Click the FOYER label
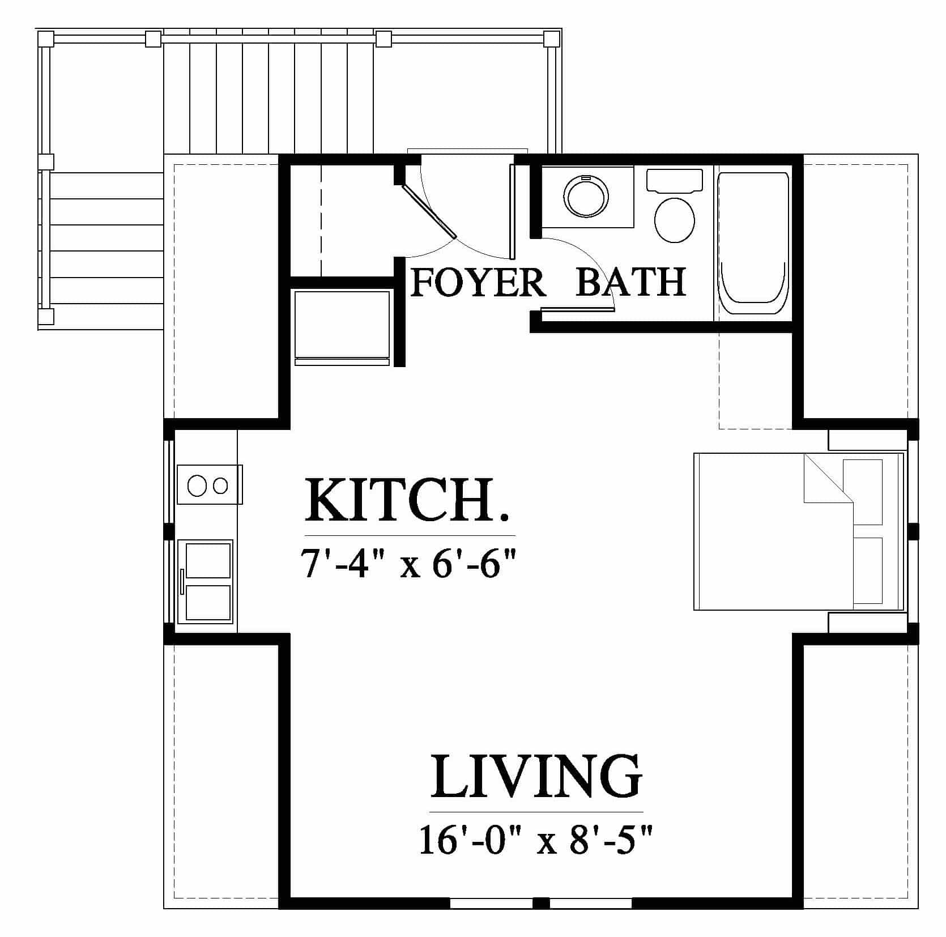tap(478, 282)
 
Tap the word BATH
tap(630, 282)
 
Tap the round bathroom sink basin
tap(587, 197)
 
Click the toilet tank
tap(674, 180)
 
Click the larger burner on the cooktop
tap(197, 485)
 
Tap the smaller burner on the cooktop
tap(220, 485)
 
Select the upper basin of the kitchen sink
tap(208, 561)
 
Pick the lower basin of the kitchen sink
tap(208, 602)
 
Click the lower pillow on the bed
tap(867, 570)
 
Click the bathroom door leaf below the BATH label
tap(577, 309)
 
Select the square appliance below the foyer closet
tap(343, 327)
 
